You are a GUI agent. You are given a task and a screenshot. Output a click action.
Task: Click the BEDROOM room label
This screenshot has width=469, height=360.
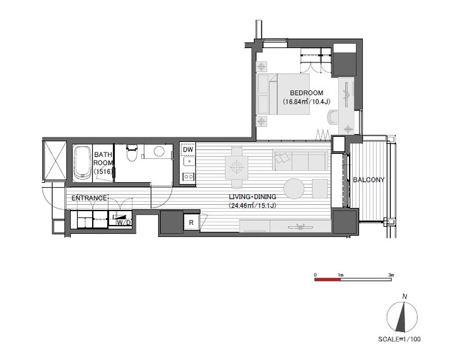click(x=306, y=93)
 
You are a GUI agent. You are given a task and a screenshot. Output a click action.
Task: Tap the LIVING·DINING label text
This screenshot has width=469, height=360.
click(x=252, y=197)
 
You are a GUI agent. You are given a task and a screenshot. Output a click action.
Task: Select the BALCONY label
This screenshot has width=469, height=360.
click(x=369, y=180)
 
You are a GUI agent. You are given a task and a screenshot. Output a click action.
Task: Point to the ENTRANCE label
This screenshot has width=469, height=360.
click(x=89, y=198)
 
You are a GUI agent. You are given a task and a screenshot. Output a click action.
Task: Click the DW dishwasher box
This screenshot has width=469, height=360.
click(x=188, y=149)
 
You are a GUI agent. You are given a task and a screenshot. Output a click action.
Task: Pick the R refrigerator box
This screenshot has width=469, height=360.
click(x=191, y=223)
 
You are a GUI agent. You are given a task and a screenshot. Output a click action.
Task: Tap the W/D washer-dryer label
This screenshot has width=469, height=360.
click(x=124, y=223)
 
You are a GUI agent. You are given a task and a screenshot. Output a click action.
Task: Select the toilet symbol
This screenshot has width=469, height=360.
click(x=131, y=153)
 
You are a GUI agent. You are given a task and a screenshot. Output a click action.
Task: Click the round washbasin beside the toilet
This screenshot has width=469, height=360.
click(x=158, y=151)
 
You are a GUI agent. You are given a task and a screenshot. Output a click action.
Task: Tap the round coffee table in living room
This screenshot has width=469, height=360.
click(x=294, y=189)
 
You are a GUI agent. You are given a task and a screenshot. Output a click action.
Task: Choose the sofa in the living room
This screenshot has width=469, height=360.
click(x=300, y=161)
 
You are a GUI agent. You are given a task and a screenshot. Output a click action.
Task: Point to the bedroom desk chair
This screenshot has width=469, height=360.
click(x=333, y=118)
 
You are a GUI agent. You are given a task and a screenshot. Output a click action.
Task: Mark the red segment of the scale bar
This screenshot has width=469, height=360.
click(x=327, y=279)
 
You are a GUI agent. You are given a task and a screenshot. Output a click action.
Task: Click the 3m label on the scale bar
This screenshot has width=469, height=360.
click(x=391, y=274)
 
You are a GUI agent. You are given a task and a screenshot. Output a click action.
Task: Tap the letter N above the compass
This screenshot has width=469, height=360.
click(x=404, y=297)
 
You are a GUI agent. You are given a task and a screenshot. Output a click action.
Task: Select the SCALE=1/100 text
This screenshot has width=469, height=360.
click(x=399, y=339)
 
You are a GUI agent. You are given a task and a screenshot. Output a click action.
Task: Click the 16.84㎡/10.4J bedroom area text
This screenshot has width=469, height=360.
click(x=306, y=102)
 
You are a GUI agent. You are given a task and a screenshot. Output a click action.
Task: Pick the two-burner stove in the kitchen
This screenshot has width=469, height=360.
click(x=188, y=176)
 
